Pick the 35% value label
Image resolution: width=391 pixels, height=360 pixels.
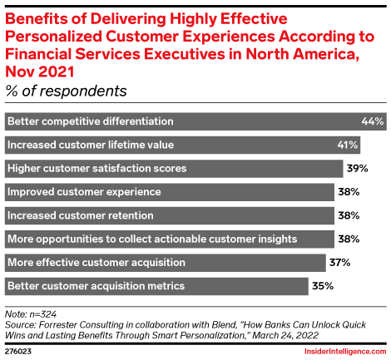pyautogui.click(x=323, y=287)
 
